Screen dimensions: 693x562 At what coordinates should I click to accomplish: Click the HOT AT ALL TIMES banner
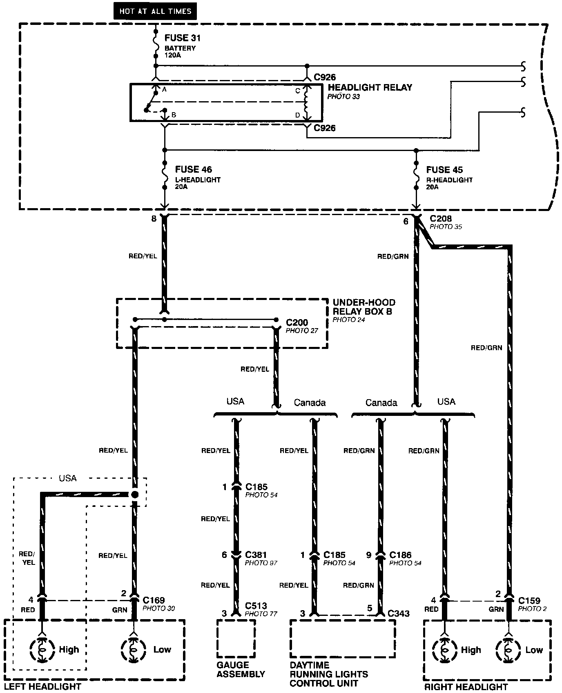[x=155, y=11]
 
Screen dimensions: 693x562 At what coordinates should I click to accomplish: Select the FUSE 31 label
[x=183, y=38]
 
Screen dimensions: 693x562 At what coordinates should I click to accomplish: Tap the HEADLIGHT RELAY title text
[x=370, y=87]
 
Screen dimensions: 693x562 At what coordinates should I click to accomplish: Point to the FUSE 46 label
[x=194, y=169]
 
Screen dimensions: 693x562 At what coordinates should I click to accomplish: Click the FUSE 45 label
[x=444, y=170]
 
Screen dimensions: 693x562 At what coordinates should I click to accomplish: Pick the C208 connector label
[x=441, y=219]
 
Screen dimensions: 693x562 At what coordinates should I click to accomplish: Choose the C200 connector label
[x=297, y=323]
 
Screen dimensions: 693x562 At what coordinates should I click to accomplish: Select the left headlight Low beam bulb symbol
[x=133, y=650]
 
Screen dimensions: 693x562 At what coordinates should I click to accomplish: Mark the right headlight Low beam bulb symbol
[x=508, y=650]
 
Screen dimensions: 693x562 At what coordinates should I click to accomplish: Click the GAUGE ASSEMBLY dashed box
[x=236, y=639]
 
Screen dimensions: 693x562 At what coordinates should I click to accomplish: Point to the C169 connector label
[x=154, y=600]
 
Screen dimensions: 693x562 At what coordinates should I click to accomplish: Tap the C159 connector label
[x=529, y=601]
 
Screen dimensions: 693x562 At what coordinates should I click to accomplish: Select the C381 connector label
[x=256, y=555]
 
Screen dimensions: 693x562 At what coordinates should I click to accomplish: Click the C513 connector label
[x=256, y=606]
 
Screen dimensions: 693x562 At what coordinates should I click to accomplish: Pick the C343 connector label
[x=398, y=613]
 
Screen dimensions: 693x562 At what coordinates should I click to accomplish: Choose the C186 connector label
[x=400, y=555]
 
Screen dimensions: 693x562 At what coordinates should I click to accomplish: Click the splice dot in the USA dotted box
[x=134, y=495]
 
